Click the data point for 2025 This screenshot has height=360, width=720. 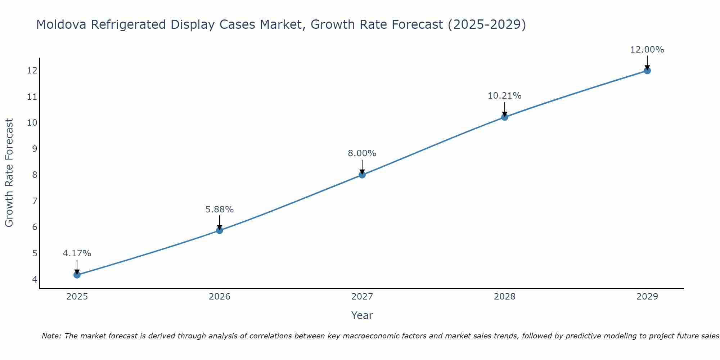coord(77,275)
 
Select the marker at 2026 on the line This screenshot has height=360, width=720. coord(220,230)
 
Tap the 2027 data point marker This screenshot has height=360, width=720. coord(362,175)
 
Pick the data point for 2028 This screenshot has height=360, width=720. coord(505,117)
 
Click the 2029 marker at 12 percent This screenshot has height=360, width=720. coord(647,71)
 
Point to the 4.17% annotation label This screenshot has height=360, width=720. coord(77,253)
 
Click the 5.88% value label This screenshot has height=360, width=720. coord(220,209)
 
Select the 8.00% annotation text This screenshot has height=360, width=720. coord(362,153)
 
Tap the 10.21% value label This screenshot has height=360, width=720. coord(505,96)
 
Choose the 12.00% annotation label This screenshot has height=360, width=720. coord(647,50)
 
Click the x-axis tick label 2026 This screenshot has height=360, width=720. coord(220,297)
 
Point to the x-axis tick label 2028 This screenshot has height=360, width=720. coord(505,297)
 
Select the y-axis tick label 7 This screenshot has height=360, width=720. coord(35,201)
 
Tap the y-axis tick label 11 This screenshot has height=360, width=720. coord(32,96)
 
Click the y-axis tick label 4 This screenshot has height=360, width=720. coord(35,279)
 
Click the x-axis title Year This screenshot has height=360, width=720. coord(362,315)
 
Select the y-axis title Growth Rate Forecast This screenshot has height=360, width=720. coord(9,173)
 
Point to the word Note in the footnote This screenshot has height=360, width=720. coord(52,336)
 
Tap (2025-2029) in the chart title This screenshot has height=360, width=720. coord(486,24)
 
